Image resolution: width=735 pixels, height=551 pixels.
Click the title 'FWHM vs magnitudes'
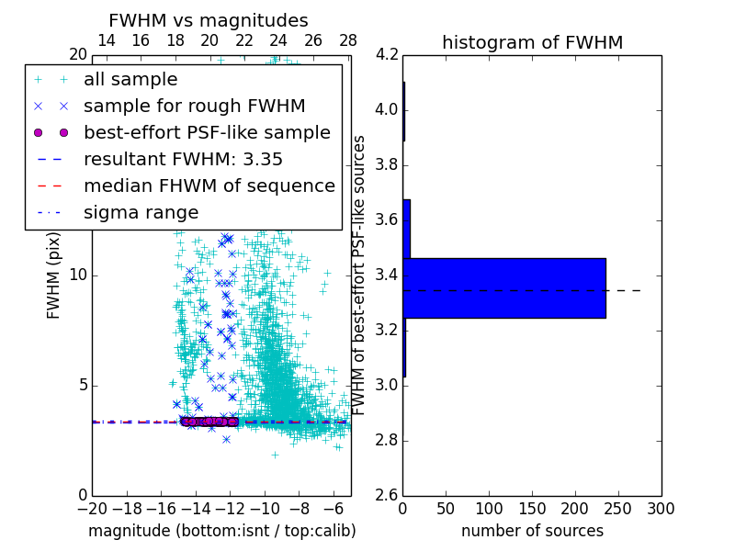[208, 20]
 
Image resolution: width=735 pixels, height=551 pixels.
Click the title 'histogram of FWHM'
[532, 42]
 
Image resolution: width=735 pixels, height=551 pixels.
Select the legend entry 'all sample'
[130, 80]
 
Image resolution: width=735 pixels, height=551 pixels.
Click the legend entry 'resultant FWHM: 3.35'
[183, 160]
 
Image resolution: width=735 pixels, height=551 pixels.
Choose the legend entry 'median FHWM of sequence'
[209, 186]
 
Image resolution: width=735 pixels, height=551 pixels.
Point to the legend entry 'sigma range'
[141, 213]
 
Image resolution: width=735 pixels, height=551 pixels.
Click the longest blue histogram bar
[504, 287]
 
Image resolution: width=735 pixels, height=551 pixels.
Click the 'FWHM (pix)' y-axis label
[54, 275]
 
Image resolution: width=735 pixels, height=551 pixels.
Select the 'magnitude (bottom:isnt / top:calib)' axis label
[221, 531]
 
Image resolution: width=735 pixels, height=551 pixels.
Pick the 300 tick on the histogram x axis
[661, 508]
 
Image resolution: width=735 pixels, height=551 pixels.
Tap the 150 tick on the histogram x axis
[532, 508]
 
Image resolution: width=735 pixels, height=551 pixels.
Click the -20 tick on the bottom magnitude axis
[92, 508]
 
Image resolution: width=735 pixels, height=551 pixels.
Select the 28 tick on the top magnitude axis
[348, 41]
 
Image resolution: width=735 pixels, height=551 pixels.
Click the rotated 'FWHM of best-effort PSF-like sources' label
[360, 275]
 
